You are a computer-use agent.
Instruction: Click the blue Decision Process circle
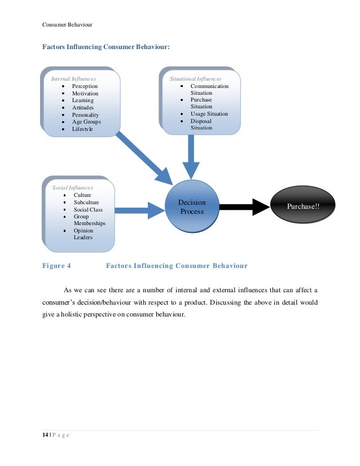coord(192,206)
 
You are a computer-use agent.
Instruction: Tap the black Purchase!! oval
coord(302,206)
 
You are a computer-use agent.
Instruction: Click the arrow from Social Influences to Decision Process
coord(139,210)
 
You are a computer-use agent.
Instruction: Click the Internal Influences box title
coord(73,79)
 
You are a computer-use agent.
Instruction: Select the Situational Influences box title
coord(195,79)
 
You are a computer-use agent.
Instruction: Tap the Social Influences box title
coord(73,187)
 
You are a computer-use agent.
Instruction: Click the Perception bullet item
coord(85,86)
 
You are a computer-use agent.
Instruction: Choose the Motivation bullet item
coord(85,94)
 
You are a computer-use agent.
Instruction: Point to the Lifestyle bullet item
coord(82,129)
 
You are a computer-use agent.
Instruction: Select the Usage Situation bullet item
coord(209,113)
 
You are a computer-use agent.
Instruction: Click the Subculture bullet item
coord(86,202)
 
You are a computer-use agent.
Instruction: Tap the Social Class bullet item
coord(88,209)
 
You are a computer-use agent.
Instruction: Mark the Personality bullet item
coord(85,115)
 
